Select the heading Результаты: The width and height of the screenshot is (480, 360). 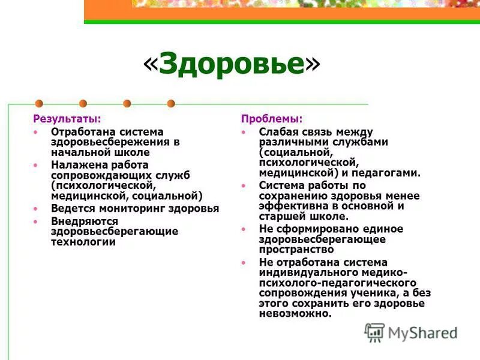pyautogui.click(x=67, y=119)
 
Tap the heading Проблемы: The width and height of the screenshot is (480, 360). pyautogui.click(x=272, y=119)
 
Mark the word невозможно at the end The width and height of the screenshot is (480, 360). pyautogui.click(x=295, y=314)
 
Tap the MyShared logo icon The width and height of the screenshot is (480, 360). pyautogui.click(x=375, y=332)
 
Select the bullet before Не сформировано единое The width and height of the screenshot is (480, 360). pyautogui.click(x=244, y=229)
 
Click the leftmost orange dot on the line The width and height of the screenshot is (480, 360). pyautogui.click(x=40, y=103)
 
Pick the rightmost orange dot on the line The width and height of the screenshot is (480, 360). pyautogui.click(x=171, y=103)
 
